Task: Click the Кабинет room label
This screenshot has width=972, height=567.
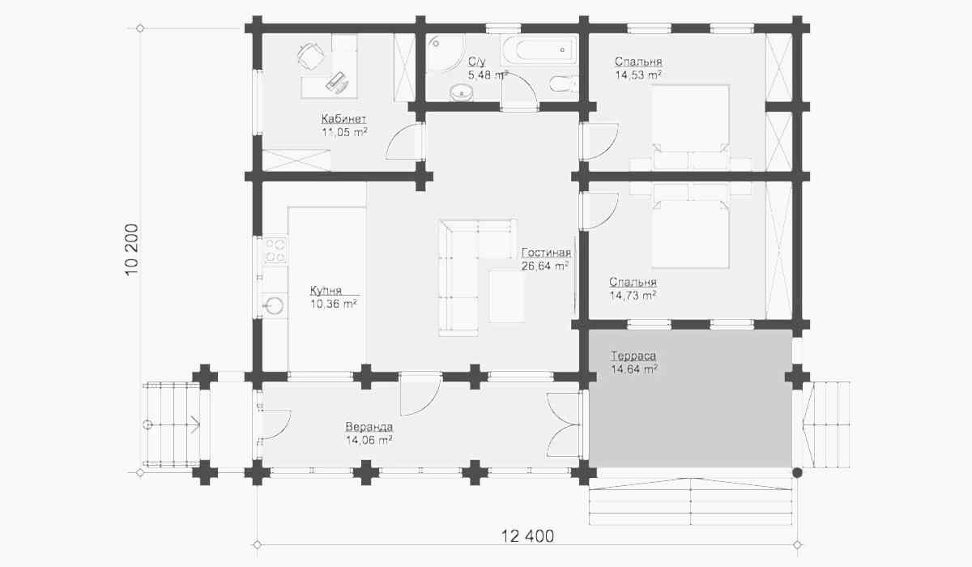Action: [343, 118]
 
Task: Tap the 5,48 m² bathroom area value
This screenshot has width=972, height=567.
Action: [488, 75]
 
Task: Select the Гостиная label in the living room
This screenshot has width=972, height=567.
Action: [546, 253]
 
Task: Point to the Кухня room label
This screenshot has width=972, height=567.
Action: [326, 290]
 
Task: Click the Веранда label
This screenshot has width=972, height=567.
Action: [369, 426]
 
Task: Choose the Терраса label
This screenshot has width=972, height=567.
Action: [633, 356]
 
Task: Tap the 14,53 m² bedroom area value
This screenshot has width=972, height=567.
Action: [638, 75]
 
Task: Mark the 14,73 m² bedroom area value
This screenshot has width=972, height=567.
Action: [633, 296]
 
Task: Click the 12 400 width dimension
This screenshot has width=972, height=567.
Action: [527, 536]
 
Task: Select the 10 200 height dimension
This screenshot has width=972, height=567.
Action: [132, 249]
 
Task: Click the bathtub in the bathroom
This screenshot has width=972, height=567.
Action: [539, 49]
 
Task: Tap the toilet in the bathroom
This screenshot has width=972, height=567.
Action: [564, 83]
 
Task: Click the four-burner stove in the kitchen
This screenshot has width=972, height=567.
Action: [275, 250]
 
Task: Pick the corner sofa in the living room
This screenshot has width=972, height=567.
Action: [477, 277]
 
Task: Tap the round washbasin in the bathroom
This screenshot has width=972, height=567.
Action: [461, 92]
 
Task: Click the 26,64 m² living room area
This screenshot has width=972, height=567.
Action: [545, 266]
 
